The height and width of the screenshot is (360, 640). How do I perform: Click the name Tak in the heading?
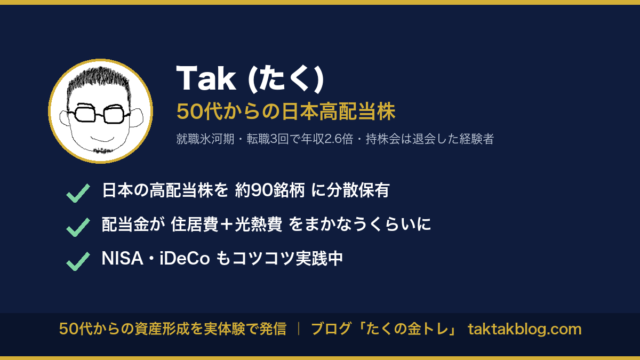[206, 78]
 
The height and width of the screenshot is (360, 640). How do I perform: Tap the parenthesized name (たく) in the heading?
[286, 78]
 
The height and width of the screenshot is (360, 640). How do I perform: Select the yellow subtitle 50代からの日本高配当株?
[286, 111]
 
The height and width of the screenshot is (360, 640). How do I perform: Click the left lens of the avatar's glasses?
[85, 113]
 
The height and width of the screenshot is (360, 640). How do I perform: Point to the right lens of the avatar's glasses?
[114, 114]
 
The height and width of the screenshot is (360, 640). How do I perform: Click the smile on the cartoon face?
[103, 139]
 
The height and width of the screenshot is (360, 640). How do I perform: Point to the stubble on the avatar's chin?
[102, 150]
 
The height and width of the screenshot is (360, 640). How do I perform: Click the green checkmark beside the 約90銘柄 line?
[78, 193]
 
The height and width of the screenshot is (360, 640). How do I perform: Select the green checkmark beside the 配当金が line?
[78, 227]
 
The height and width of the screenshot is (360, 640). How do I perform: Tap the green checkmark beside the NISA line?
[78, 261]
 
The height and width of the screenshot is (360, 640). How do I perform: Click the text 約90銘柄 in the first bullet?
[270, 190]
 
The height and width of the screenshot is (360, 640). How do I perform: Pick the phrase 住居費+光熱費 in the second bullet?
[227, 224]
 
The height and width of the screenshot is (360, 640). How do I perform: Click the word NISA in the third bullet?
[122, 259]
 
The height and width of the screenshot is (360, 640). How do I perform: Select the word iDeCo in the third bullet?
[185, 259]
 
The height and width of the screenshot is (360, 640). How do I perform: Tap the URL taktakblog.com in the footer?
[525, 329]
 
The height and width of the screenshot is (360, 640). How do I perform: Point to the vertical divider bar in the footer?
[299, 329]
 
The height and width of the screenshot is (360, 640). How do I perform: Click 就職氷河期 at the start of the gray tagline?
[205, 139]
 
